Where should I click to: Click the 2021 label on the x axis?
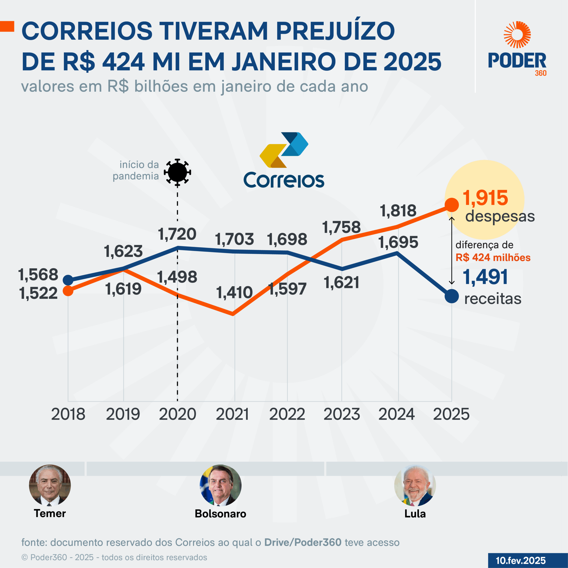click(x=232, y=414)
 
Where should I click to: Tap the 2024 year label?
click(x=396, y=414)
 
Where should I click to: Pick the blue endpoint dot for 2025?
click(x=452, y=296)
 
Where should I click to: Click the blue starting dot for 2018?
click(x=68, y=280)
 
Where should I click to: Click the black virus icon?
click(x=177, y=172)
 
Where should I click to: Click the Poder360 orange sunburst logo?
click(x=517, y=35)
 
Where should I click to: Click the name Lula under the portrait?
click(x=415, y=514)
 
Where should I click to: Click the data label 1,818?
click(x=398, y=211)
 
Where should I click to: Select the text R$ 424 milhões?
click(x=493, y=258)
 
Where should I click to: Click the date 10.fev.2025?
click(x=521, y=560)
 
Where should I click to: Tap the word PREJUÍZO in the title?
click(x=335, y=31)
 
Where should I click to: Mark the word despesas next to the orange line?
click(x=500, y=216)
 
